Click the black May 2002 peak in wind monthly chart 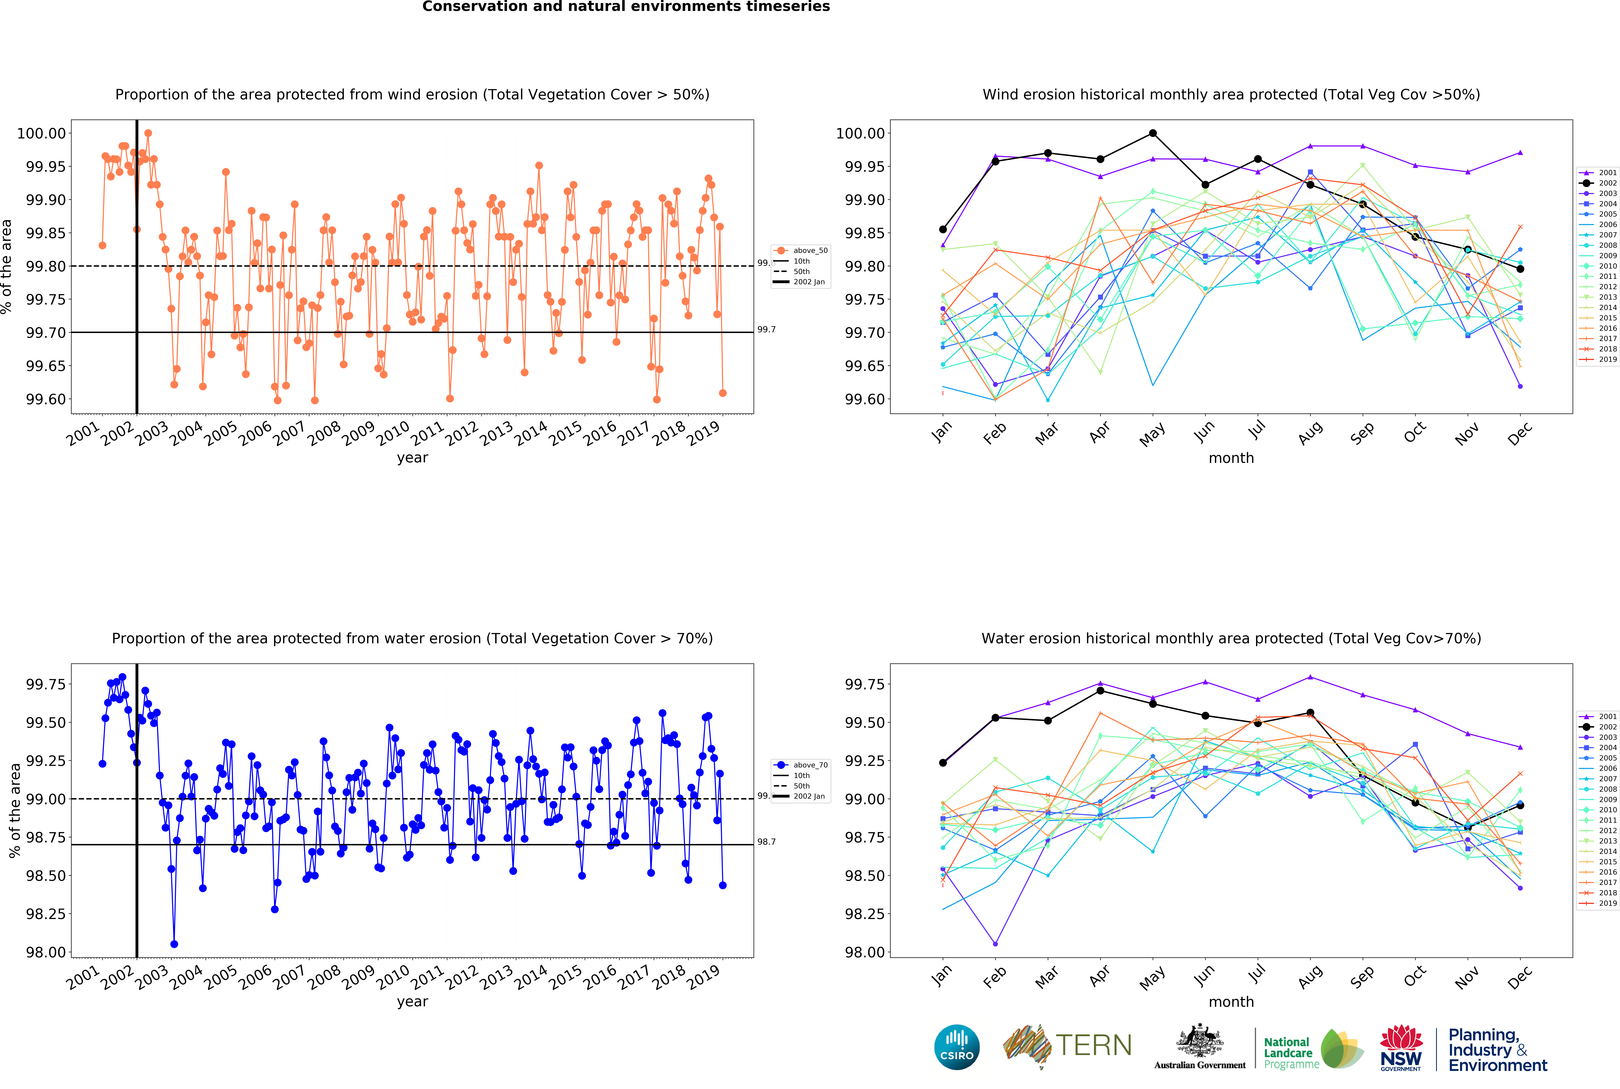coord(1153,133)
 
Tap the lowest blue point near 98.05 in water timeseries coord(174,944)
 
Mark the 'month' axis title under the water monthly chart coord(1231,1002)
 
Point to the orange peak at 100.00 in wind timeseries coord(148,133)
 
